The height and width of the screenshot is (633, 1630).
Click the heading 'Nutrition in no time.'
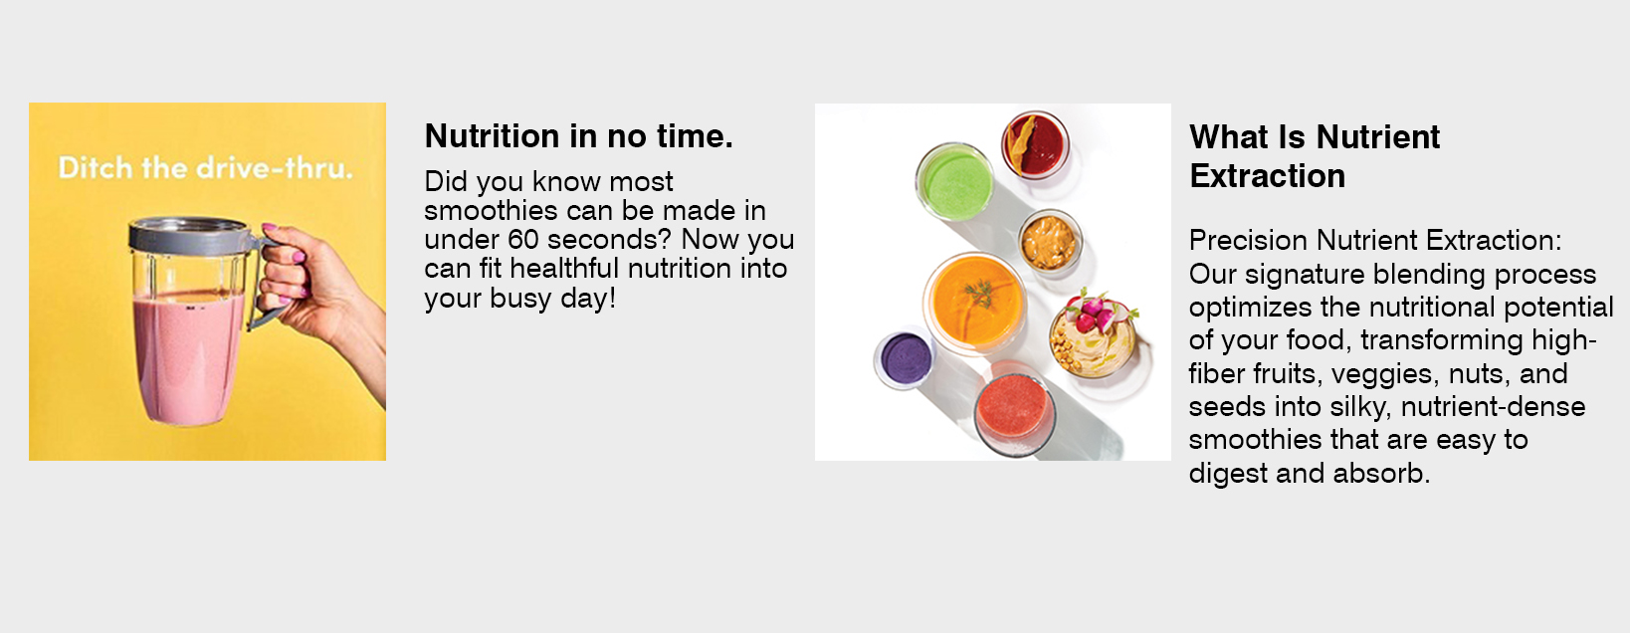click(x=578, y=136)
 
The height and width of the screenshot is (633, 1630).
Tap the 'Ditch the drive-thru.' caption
click(x=205, y=168)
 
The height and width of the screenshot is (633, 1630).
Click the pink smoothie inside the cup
click(x=188, y=356)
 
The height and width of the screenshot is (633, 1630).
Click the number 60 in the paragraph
click(x=523, y=240)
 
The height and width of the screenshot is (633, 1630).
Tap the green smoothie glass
click(x=954, y=182)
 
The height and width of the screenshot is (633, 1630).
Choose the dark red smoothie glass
click(x=1035, y=144)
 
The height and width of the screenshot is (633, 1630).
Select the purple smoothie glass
click(x=905, y=359)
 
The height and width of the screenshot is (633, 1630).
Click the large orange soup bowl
click(x=975, y=303)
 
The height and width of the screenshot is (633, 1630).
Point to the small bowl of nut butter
click(x=1049, y=241)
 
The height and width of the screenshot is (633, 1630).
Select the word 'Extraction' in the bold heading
click(x=1267, y=176)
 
